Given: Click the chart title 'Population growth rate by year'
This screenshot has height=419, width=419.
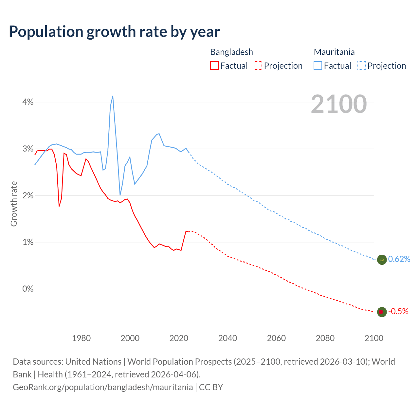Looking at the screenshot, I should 114,32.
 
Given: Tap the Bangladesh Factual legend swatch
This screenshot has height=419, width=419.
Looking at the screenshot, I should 214,65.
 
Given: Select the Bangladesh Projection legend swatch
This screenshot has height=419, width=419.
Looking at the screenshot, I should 258,65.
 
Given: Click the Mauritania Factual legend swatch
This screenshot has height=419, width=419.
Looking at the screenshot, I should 318,65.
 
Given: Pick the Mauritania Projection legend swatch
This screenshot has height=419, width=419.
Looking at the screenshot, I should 361,65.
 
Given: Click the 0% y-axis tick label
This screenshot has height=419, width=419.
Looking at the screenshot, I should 28,289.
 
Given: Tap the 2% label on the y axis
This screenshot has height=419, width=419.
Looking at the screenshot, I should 28,196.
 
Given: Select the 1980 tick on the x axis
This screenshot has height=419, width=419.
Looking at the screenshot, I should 81,338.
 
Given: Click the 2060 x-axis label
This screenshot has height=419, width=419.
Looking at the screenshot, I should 276,338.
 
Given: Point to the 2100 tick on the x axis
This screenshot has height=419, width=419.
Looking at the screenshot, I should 374,338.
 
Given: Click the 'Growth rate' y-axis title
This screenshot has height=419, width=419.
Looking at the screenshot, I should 14,204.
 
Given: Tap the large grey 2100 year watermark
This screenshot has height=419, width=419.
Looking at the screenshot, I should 339,104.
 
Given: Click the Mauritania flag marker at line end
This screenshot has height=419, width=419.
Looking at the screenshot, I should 382,260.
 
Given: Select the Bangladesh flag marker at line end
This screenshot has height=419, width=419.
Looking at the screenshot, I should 382,312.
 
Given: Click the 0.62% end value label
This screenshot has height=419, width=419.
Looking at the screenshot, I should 399,259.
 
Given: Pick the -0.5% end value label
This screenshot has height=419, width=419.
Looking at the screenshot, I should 398,312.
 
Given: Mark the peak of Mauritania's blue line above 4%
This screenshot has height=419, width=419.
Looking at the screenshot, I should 113,96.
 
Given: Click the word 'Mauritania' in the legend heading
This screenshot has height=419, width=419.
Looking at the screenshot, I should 334,52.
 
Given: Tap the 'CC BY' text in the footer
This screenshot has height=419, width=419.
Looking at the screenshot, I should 211,387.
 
